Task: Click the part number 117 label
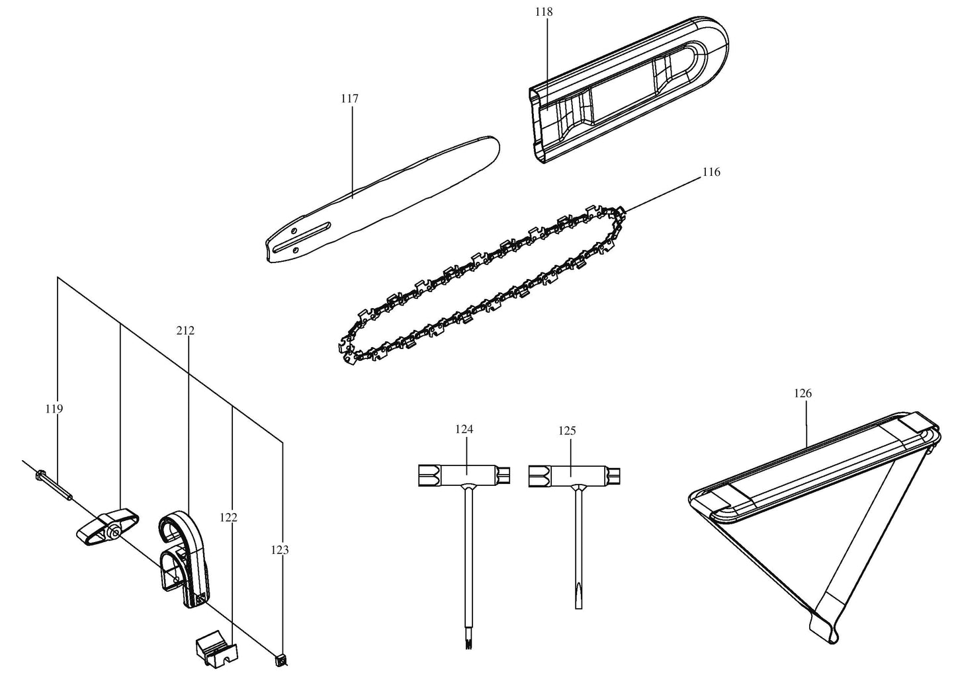[349, 99]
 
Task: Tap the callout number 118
[546, 12]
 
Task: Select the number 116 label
[711, 172]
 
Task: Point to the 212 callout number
[185, 330]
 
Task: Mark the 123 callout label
[280, 549]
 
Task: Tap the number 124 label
[464, 429]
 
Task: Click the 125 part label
[567, 430]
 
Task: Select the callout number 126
[803, 393]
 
